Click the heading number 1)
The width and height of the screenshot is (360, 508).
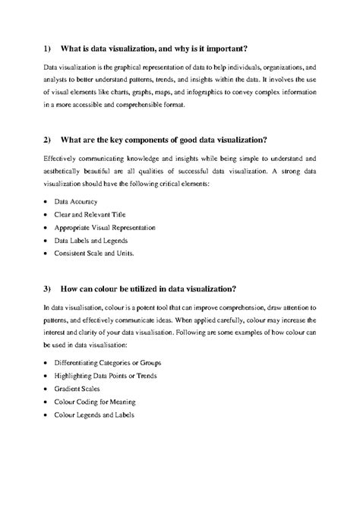coord(46,47)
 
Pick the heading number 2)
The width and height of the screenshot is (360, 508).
coord(46,140)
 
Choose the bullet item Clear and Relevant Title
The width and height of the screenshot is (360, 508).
coord(92,216)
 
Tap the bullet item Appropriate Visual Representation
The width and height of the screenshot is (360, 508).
coord(104,228)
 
